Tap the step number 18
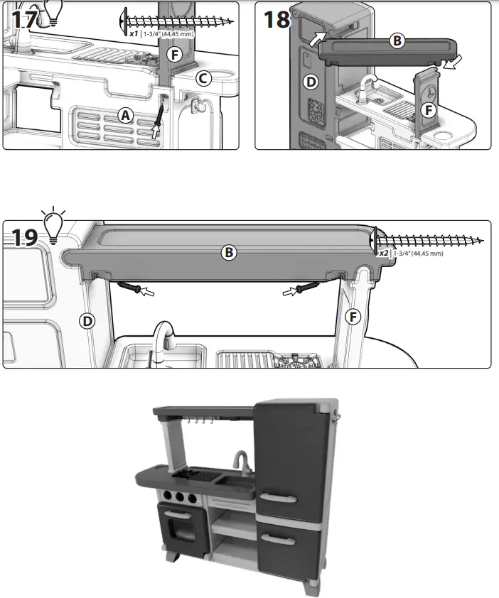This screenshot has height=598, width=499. (276, 19)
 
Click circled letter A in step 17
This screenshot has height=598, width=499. (126, 115)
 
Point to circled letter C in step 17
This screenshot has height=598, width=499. (203, 79)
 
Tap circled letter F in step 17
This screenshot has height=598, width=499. (172, 54)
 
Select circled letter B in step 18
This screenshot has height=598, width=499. (397, 41)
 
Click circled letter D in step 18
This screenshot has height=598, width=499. (310, 82)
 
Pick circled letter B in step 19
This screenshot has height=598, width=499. (229, 251)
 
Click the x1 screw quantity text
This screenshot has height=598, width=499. (134, 33)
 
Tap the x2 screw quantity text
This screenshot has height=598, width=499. (383, 253)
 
